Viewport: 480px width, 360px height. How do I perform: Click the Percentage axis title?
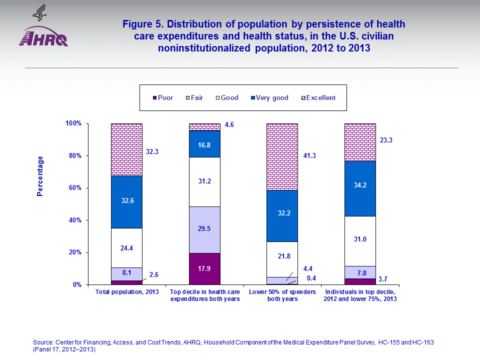point(40,176)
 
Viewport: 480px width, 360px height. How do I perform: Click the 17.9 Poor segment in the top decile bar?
point(204,268)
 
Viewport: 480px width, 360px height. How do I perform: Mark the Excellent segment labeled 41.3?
point(282,156)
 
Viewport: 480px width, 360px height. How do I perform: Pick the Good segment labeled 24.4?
point(126,247)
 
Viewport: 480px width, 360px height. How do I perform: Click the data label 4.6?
point(229,124)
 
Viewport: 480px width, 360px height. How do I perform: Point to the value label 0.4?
point(311,278)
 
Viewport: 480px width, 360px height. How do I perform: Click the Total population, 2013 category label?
point(127,291)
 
